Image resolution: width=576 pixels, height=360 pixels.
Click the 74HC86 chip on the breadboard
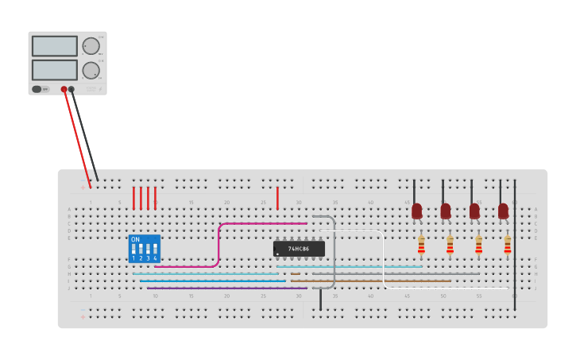tap(299, 249)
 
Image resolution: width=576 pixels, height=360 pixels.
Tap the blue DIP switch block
tap(144, 249)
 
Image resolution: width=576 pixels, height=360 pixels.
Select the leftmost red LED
tap(417, 211)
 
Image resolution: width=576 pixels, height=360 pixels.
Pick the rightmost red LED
tap(503, 211)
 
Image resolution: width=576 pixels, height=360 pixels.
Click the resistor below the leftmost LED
tap(421, 246)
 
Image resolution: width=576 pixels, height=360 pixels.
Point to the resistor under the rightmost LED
tap(508, 246)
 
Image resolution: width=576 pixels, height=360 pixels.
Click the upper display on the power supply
tap(55, 45)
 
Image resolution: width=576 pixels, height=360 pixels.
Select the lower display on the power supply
tap(55, 70)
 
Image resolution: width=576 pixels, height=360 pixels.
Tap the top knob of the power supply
tap(91, 46)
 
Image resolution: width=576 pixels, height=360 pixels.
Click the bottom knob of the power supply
tap(91, 70)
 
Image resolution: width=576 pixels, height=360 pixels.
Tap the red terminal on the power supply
tap(64, 89)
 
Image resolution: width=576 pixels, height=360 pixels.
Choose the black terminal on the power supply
tap(72, 89)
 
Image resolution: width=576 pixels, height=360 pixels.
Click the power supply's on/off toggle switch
tap(37, 89)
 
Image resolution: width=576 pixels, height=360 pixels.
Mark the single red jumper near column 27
tap(277, 198)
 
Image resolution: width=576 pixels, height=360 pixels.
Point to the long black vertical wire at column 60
tap(515, 238)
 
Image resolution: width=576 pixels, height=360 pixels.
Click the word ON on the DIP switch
tap(135, 239)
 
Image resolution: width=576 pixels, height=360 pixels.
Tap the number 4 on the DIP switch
tap(155, 258)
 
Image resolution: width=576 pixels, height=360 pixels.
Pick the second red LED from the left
tap(446, 211)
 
